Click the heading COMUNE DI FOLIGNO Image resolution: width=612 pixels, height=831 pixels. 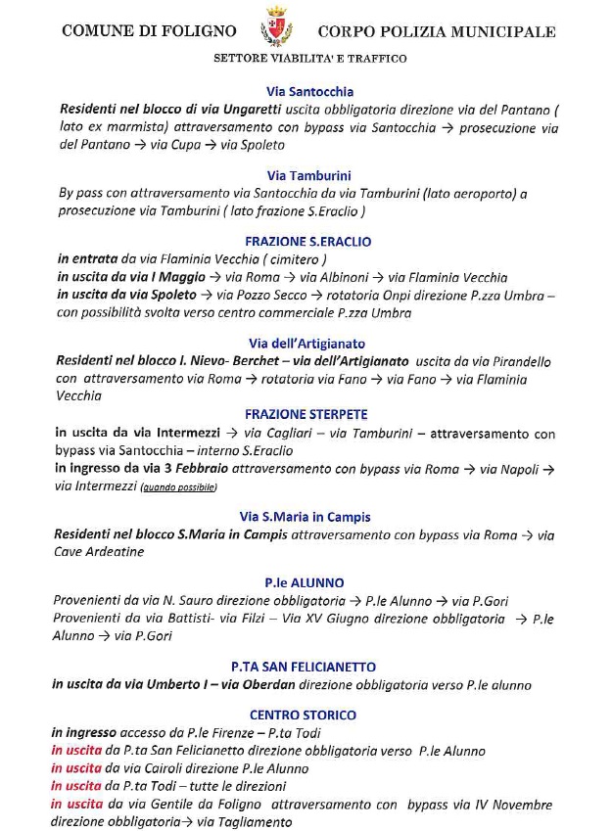148,31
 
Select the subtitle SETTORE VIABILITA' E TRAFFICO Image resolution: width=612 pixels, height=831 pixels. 309,59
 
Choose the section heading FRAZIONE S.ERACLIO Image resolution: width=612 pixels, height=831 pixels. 308,241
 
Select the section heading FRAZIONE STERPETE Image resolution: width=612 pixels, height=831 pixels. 308,414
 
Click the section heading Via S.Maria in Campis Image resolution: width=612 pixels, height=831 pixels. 305,516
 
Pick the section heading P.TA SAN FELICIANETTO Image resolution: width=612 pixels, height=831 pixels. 304,666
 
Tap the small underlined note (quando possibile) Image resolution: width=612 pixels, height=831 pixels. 179,486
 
